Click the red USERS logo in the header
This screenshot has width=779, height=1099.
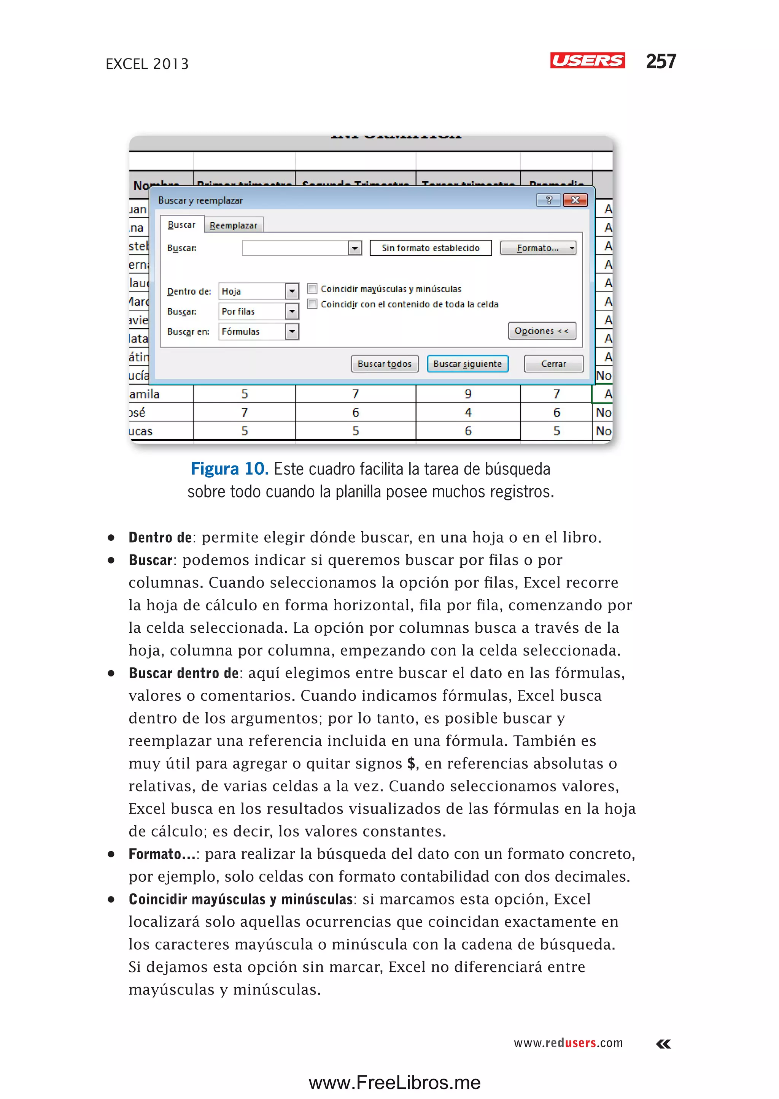click(x=587, y=60)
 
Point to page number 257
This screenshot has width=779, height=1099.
click(x=661, y=61)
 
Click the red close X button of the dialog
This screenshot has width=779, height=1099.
click(x=575, y=200)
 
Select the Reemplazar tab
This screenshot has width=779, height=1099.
click(x=233, y=225)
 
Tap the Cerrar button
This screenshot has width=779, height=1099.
click(x=553, y=364)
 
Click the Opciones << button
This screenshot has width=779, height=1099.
click(x=542, y=331)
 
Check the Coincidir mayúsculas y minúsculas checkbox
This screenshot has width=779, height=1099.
click(x=312, y=288)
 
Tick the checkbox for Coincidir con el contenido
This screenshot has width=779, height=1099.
click(x=312, y=304)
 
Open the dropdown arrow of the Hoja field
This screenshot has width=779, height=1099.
click(x=292, y=291)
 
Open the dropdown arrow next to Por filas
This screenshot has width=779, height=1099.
click(x=292, y=312)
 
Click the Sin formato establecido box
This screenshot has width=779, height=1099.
click(x=430, y=248)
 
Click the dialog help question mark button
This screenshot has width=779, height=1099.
click(x=549, y=200)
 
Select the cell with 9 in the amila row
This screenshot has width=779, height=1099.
click(x=468, y=394)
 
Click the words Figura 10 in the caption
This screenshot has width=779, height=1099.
click(x=229, y=469)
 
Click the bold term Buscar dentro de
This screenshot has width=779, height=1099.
click(x=183, y=673)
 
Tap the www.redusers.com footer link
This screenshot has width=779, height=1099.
click(x=568, y=1043)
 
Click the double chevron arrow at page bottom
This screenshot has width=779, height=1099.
click(x=663, y=1044)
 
